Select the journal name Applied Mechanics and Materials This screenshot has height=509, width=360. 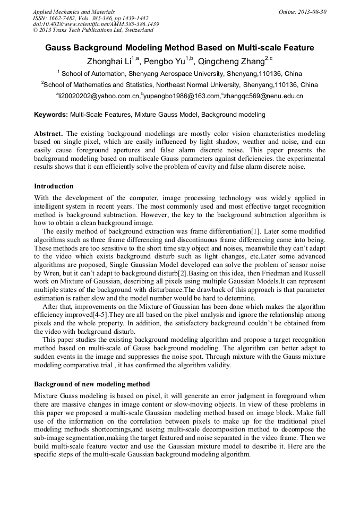pyautogui.click(x=74, y=11)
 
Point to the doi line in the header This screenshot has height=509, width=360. pyautogui.click(x=96, y=24)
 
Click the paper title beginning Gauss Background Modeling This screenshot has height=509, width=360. pyautogui.click(x=179, y=48)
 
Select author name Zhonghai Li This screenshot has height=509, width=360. pyautogui.click(x=109, y=62)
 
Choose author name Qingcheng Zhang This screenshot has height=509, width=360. pyautogui.click(x=231, y=62)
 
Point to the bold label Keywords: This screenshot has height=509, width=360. pyautogui.click(x=51, y=114)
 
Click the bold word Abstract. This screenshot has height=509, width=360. pyautogui.click(x=48, y=133)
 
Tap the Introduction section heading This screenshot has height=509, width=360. pyautogui.click(x=54, y=186)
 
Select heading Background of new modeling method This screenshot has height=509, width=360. pyautogui.click(x=92, y=384)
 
